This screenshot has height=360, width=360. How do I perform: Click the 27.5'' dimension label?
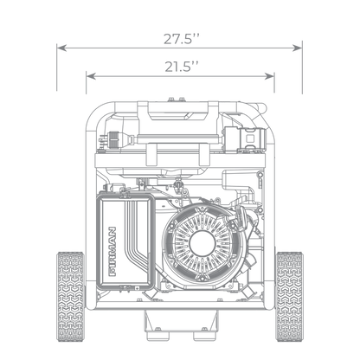[182, 39]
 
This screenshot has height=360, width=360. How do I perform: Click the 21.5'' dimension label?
[182, 67]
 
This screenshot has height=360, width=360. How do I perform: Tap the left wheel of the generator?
[71, 297]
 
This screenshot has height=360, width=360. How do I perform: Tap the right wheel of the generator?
[289, 297]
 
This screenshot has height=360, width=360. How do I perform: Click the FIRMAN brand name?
[112, 251]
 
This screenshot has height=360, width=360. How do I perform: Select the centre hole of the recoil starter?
[202, 243]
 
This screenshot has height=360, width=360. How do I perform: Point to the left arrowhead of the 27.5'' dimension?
[61, 48]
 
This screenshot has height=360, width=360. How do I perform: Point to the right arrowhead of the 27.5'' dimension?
[297, 48]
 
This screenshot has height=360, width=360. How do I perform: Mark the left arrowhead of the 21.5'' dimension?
[91, 76]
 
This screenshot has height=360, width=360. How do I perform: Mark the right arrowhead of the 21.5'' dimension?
[269, 76]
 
